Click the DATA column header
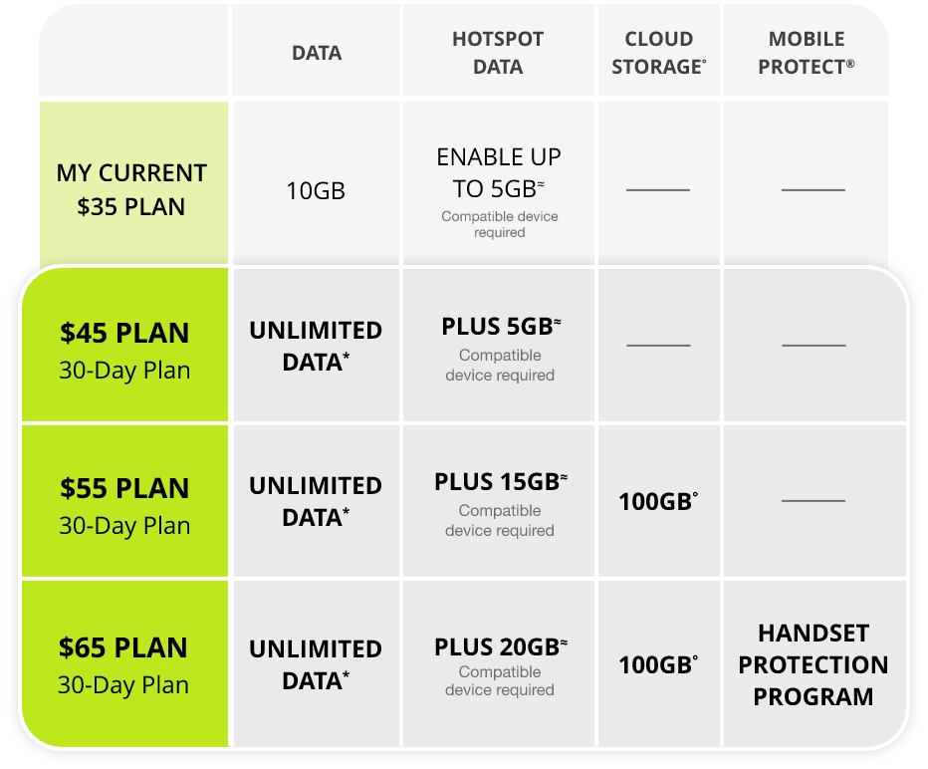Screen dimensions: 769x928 point(317,53)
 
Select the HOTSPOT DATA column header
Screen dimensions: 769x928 point(498,53)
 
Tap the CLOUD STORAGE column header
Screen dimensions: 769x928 point(658,53)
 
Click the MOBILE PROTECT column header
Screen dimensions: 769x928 point(807,53)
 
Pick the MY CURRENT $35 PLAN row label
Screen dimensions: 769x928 point(131,190)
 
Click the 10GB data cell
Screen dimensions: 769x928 point(316,190)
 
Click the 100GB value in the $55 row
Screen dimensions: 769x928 point(657,501)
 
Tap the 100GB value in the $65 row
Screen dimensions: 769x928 point(657,664)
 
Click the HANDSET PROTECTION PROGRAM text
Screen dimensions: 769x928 point(813,664)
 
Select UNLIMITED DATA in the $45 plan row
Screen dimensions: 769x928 point(316,346)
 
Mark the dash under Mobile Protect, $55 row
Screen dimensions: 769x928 point(813,501)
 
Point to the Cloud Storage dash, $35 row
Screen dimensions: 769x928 point(658,189)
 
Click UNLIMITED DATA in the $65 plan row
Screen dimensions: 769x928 point(316,664)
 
